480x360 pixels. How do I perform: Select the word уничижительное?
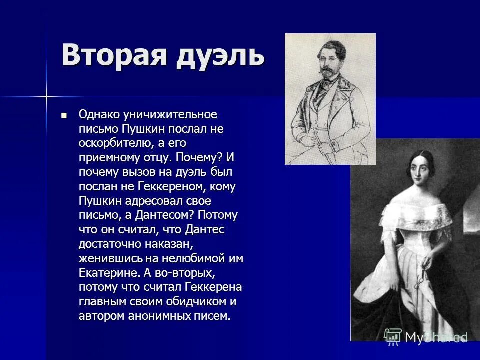[167, 114]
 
